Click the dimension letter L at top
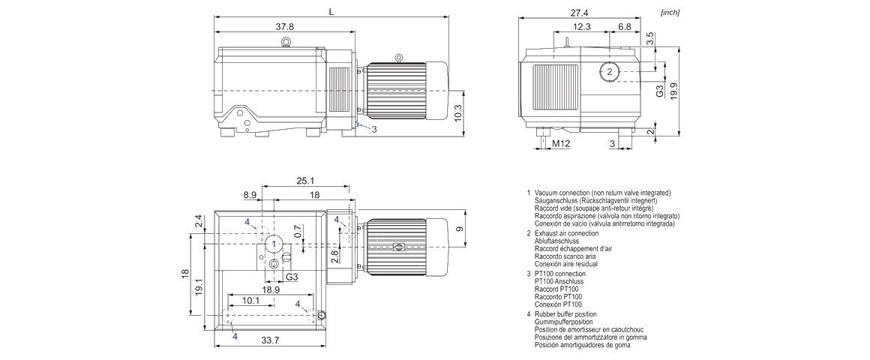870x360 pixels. (x=331, y=10)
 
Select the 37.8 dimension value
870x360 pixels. (x=284, y=26)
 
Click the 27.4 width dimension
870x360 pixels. (x=580, y=12)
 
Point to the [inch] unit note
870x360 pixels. (x=670, y=13)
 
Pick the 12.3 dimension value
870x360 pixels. (x=581, y=26)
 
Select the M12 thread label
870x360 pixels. (x=561, y=142)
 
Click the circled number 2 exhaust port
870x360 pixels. (x=610, y=72)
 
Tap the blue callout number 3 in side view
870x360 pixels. (x=374, y=130)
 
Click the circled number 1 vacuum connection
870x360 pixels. (x=274, y=244)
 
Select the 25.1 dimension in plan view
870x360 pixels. (x=304, y=181)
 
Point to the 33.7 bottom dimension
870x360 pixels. (x=270, y=340)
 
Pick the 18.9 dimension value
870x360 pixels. (x=271, y=289)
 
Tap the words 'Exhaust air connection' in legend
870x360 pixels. (x=566, y=233)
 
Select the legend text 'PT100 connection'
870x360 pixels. (x=559, y=274)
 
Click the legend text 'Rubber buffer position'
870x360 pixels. (x=565, y=314)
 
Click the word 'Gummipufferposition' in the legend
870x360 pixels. (x=563, y=322)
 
